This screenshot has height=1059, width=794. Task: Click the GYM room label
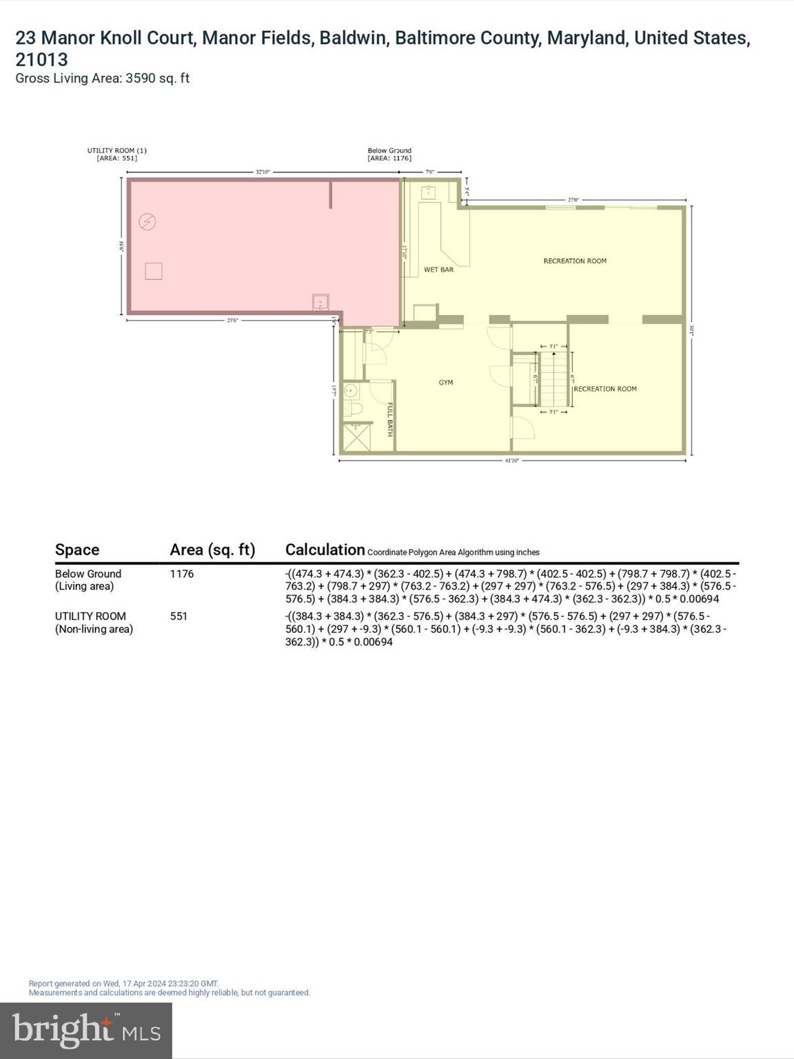tap(446, 383)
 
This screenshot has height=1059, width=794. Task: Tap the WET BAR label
tap(438, 270)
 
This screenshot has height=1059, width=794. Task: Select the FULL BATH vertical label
tap(389, 419)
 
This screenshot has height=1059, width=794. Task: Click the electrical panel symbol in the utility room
tap(147, 221)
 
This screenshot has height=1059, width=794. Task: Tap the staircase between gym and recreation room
tap(553, 379)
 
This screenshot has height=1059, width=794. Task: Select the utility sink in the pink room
tap(320, 302)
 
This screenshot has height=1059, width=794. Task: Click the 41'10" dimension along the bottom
tap(511, 461)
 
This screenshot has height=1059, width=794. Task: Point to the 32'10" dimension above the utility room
tap(263, 172)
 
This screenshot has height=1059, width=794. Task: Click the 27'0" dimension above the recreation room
tap(573, 200)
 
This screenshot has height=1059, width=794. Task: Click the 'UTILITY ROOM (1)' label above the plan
tap(116, 150)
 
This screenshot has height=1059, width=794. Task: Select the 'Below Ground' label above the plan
tap(389, 150)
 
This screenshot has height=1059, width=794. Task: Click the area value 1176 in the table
tap(182, 574)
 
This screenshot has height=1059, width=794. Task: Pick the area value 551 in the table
tap(179, 616)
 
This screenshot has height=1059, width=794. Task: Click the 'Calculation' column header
tap(325, 549)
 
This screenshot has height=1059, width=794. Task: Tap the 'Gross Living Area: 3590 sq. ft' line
tap(102, 79)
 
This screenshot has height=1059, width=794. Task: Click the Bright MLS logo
tap(86, 1030)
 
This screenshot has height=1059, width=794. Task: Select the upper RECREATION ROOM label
tap(575, 261)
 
